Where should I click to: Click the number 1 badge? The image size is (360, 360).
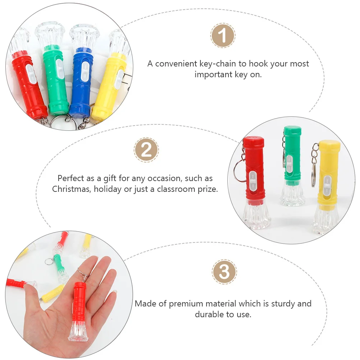[x=223, y=36]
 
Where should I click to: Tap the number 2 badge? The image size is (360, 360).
[x=146, y=150]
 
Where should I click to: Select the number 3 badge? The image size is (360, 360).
[x=224, y=272]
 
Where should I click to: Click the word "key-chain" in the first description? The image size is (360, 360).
[x=220, y=64]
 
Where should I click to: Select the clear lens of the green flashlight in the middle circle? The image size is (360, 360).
[x=292, y=194]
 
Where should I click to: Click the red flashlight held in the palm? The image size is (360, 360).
[x=79, y=305]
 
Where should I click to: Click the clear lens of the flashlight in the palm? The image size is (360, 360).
[x=78, y=331]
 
